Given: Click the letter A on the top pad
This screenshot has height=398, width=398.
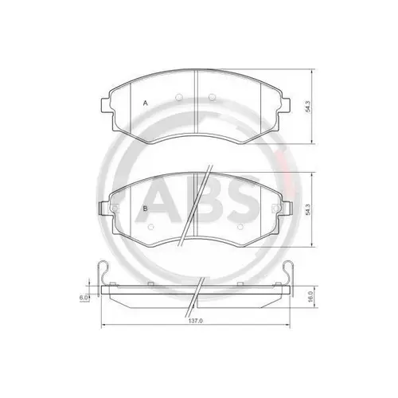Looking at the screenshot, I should coord(145,104).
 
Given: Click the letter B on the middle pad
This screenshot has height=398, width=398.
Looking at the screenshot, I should coord(144,209).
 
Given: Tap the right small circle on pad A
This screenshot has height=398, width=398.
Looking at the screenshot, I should coord(212,97).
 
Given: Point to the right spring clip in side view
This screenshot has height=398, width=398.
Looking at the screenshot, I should coord(292,275).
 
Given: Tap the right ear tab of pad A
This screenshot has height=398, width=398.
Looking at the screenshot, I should coord(290,104).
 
